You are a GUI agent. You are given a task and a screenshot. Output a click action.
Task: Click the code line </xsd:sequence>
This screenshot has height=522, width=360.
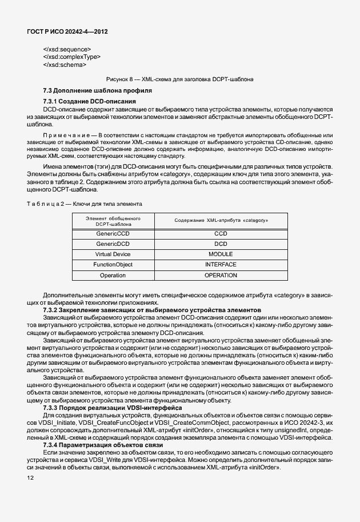click(67, 49)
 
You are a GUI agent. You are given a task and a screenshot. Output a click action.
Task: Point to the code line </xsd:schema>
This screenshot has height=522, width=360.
click(65, 65)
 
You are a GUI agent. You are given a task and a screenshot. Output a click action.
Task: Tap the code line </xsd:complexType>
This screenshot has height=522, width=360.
click(72, 57)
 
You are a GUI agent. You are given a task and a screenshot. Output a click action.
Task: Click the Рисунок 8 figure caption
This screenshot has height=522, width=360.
click(180, 79)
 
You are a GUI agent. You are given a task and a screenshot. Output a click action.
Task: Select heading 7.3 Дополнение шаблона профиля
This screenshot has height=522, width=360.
click(97, 91)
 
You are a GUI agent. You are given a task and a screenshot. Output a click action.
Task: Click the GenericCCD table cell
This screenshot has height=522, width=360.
click(113, 234)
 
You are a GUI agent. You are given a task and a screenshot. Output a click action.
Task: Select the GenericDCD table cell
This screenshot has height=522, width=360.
click(113, 244)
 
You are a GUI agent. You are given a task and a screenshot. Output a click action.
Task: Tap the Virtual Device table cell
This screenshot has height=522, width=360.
click(113, 254)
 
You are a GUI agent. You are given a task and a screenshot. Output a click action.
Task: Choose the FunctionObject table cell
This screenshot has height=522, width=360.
click(113, 265)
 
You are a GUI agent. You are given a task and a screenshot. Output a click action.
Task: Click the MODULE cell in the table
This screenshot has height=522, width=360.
click(221, 254)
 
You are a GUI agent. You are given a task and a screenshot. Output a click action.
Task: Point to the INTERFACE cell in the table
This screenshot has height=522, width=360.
click(221, 265)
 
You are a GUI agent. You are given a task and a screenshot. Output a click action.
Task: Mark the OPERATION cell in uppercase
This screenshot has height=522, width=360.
click(221, 276)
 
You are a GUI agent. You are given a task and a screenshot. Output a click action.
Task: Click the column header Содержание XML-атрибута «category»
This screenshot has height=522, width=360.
click(221, 220)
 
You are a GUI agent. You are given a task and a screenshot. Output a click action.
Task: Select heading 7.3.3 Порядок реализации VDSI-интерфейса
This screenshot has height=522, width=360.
click(113, 408)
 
